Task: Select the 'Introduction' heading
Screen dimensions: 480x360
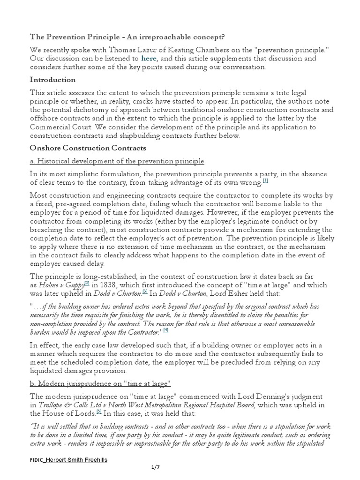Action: tap(52, 80)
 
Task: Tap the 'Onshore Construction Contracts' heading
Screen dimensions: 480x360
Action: tap(88, 148)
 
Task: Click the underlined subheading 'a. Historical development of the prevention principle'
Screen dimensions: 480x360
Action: tap(117, 161)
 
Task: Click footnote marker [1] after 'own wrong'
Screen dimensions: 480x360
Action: tap(265, 180)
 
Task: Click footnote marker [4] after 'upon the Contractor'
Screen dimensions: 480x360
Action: tap(165, 330)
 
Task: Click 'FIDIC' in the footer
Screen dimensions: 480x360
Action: tap(36, 460)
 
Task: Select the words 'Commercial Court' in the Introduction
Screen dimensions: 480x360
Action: tap(60, 127)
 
